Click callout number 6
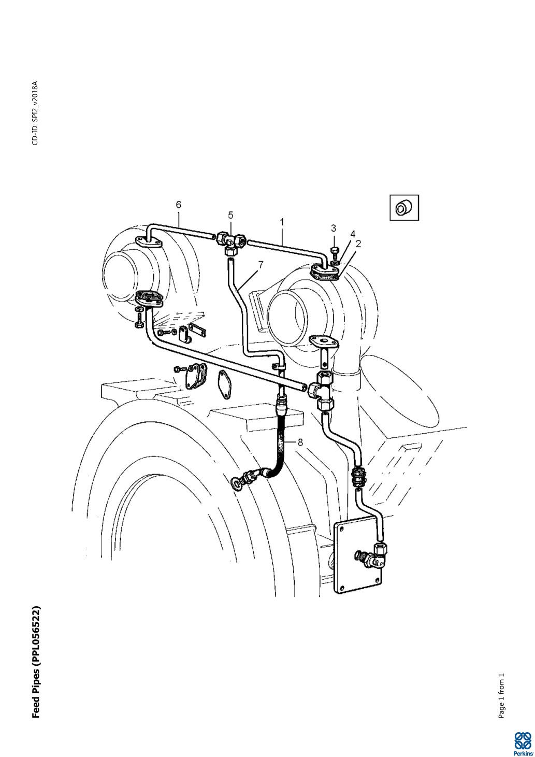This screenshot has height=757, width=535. [x=178, y=205]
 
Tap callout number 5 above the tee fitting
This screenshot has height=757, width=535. [x=230, y=215]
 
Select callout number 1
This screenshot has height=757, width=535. [x=282, y=222]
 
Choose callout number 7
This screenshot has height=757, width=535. [x=260, y=265]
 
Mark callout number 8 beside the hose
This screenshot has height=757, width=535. [x=300, y=442]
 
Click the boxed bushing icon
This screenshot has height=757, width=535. [x=404, y=207]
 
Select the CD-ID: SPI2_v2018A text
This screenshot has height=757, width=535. [x=35, y=113]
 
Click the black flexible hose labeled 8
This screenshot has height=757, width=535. [x=279, y=439]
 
